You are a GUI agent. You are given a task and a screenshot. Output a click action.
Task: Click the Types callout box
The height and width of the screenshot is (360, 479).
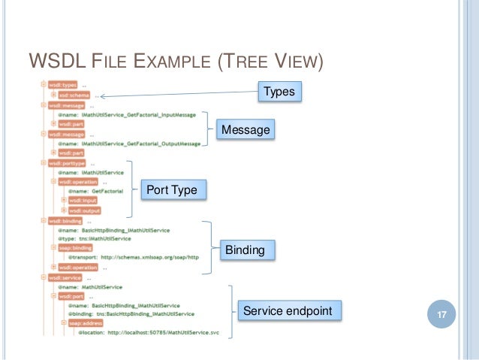click(x=279, y=92)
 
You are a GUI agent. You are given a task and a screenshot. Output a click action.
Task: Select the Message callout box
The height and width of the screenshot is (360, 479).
click(x=244, y=130)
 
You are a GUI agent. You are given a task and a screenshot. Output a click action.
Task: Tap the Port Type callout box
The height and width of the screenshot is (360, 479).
click(x=171, y=190)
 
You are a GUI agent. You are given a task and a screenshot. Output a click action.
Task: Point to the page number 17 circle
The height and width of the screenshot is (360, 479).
click(x=441, y=314)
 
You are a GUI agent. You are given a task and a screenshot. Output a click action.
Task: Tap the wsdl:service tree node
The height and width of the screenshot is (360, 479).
click(x=66, y=277)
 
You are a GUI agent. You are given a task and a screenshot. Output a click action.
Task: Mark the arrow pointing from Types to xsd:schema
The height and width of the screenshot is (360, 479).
click(x=180, y=94)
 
